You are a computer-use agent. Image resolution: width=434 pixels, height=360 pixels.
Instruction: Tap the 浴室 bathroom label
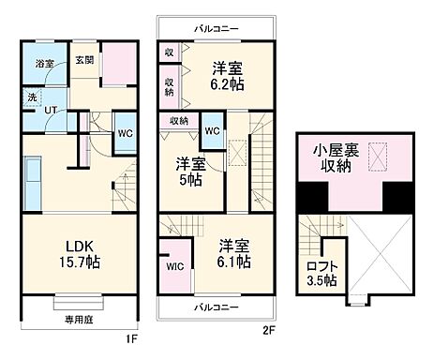pyautogui.click(x=45, y=64)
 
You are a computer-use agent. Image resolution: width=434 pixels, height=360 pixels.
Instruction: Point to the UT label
pyautogui.click(x=52, y=110)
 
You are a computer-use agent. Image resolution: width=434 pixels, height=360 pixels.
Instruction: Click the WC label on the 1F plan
pyautogui.click(x=124, y=133)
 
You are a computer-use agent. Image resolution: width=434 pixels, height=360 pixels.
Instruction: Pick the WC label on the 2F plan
pyautogui.click(x=211, y=131)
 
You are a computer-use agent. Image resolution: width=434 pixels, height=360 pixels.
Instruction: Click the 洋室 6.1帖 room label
pyautogui.click(x=232, y=253)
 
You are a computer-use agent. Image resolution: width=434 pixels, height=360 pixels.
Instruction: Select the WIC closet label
pyautogui.click(x=174, y=267)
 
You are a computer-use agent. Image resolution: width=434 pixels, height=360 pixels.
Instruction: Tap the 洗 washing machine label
pyautogui.click(x=31, y=97)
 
